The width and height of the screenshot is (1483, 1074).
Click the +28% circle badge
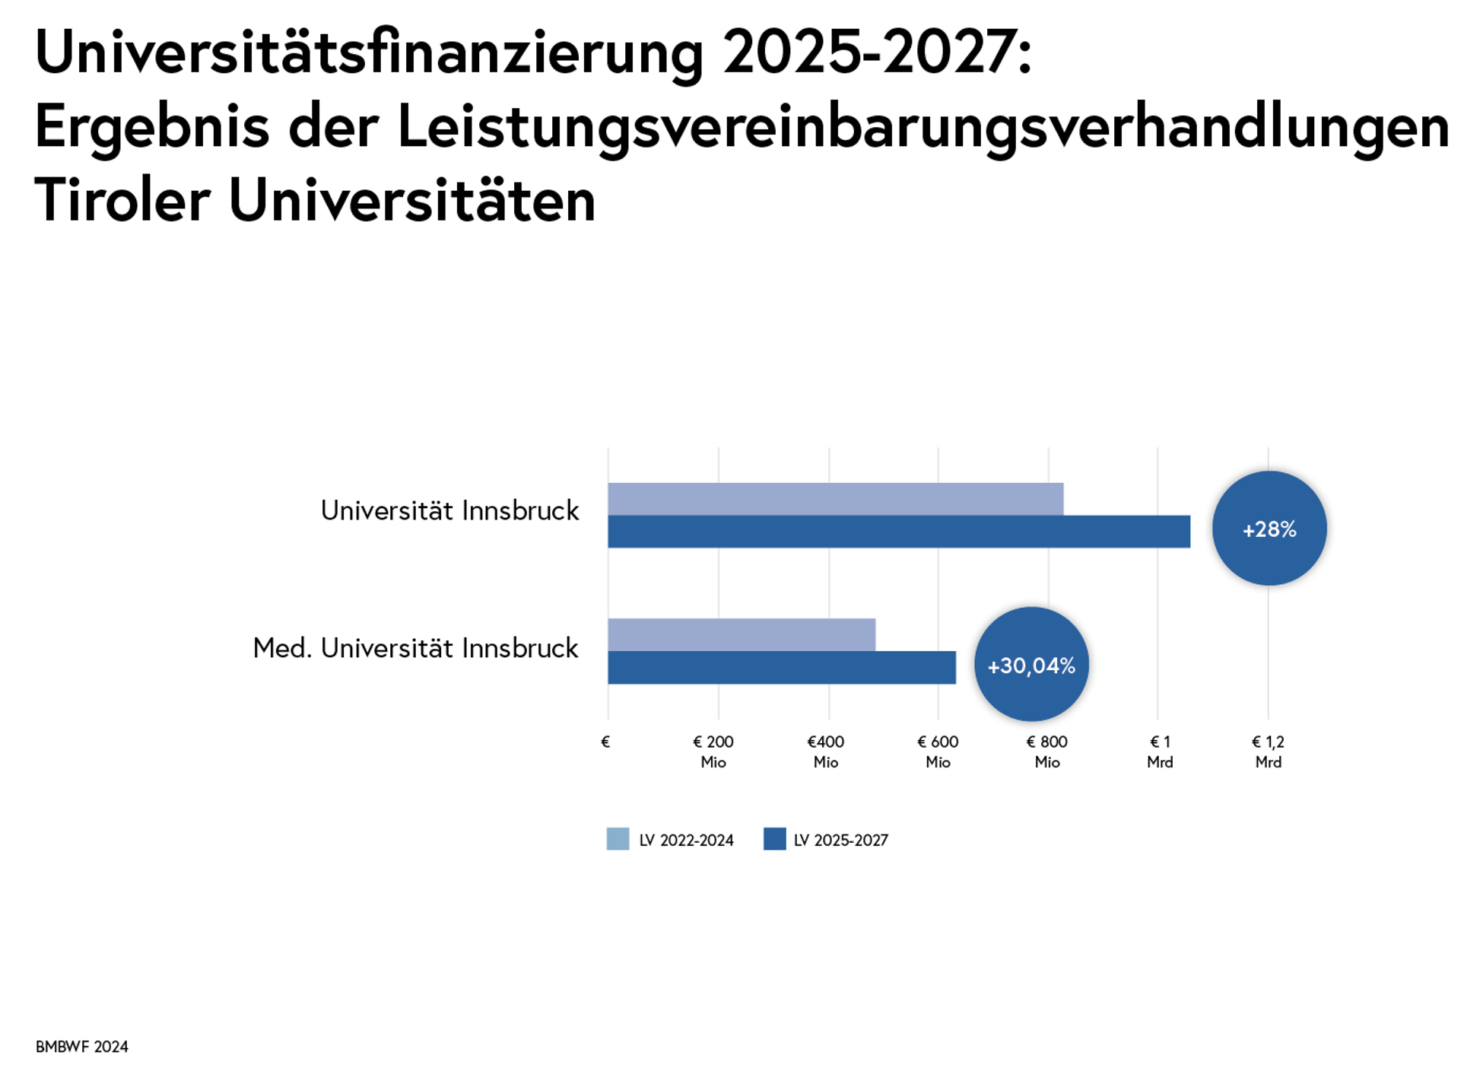(1269, 529)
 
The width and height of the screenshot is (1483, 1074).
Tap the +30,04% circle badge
(1031, 665)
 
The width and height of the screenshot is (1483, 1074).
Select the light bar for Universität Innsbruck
(835, 499)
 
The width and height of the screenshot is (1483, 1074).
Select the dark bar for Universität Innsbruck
(898, 532)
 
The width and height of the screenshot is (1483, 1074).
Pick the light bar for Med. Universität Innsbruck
(741, 635)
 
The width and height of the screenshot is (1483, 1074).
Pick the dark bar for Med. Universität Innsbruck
(781, 668)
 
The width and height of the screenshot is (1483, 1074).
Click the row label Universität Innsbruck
(449, 510)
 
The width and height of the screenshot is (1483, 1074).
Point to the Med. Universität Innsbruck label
(415, 648)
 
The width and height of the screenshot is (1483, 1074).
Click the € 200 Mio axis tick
(713, 751)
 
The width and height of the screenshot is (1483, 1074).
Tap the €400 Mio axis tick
(826, 751)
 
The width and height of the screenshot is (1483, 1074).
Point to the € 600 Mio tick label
(938, 751)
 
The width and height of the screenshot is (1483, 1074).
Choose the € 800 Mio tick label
(1047, 751)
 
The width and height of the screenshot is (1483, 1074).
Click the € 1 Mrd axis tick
(1160, 751)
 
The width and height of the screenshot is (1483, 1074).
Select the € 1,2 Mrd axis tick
(1268, 751)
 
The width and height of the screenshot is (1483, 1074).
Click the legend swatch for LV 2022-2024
(618, 839)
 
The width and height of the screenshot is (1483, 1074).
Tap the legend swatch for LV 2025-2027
(774, 839)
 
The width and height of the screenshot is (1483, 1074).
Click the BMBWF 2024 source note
(82, 1047)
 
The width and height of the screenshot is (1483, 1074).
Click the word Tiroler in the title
(122, 201)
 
